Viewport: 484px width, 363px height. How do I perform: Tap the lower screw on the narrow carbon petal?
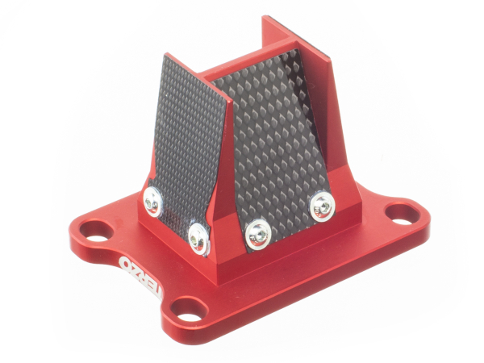pos(197,236)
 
